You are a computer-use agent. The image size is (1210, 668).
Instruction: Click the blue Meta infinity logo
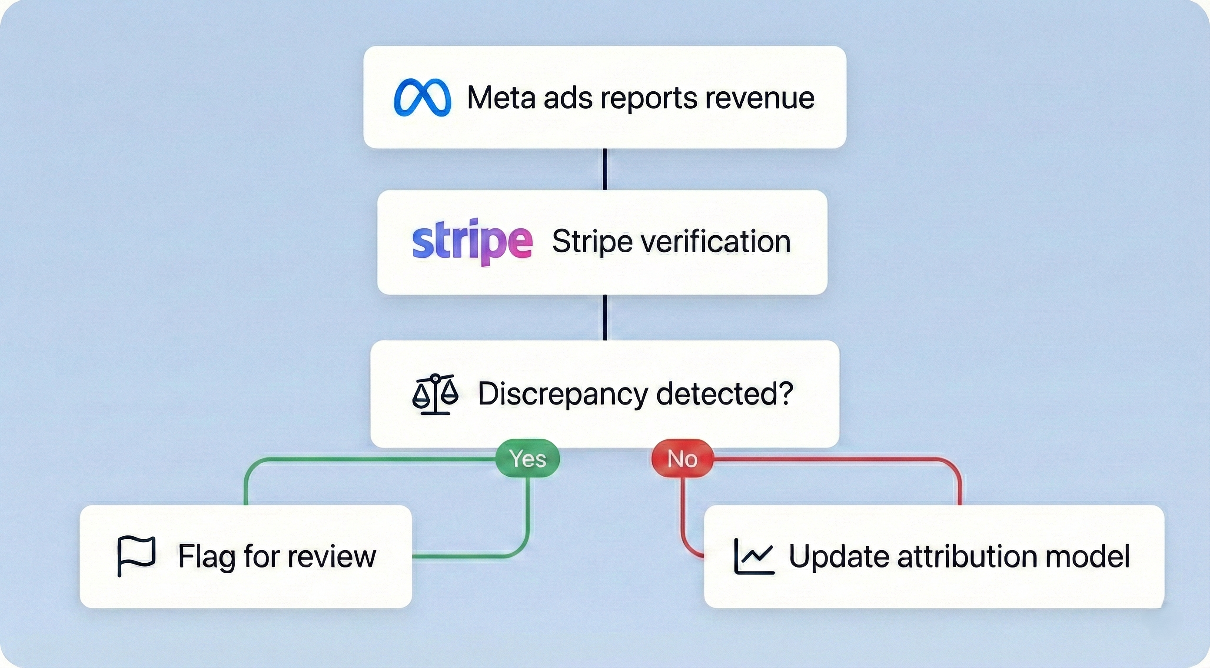pos(422,97)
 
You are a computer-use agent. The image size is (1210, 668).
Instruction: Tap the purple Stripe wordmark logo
pos(472,241)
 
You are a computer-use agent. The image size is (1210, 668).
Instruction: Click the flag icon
pos(136,556)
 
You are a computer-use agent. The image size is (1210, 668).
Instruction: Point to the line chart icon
pos(754,557)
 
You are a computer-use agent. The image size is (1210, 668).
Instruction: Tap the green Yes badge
pos(528,458)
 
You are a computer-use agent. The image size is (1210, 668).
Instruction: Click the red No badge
pos(682,458)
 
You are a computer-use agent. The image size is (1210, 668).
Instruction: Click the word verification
pos(715,242)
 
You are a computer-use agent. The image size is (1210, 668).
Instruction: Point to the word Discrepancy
pos(563,394)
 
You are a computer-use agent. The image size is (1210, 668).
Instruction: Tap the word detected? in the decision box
pos(725,394)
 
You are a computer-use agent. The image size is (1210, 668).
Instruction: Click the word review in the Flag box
pos(332,557)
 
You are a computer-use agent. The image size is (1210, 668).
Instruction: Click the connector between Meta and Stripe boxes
pos(605,169)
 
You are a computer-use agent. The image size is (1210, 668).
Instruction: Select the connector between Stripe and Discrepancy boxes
pos(605,317)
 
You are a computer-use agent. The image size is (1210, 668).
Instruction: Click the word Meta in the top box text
pos(501,98)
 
